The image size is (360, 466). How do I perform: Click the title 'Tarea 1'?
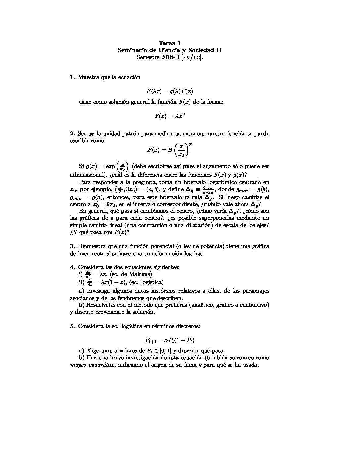tap(170, 43)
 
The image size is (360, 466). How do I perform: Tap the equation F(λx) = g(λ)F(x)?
tap(170, 91)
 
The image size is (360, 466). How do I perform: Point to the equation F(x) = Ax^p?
tap(170, 116)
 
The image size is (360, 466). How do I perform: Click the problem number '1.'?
tap(73, 77)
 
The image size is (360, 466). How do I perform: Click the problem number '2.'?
tap(73, 134)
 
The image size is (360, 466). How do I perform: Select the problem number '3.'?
tap(73, 246)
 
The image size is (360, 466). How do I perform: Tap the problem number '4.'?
tap(73, 267)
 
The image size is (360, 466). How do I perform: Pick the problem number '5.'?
tap(73, 326)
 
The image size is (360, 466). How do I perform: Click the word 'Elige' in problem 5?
tap(92, 350)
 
